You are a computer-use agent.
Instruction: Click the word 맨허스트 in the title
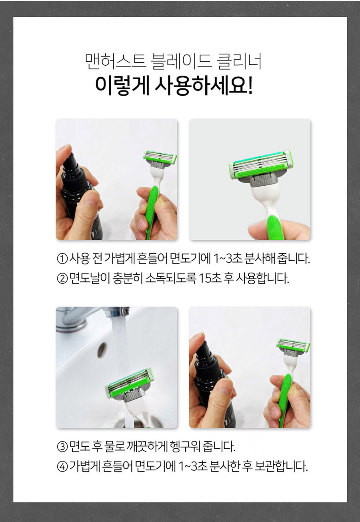[116, 62]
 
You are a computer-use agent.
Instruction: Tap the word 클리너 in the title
[239, 62]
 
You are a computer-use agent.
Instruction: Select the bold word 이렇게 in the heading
[122, 86]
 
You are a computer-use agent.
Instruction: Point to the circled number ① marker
[62, 259]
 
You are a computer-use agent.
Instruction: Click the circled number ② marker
[62, 279]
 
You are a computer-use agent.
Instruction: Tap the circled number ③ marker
[62, 447]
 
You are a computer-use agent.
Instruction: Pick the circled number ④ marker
[62, 466]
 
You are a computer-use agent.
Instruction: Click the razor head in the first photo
[160, 158]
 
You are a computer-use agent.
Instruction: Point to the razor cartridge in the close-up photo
[261, 164]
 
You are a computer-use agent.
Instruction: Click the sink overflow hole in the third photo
[102, 350]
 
